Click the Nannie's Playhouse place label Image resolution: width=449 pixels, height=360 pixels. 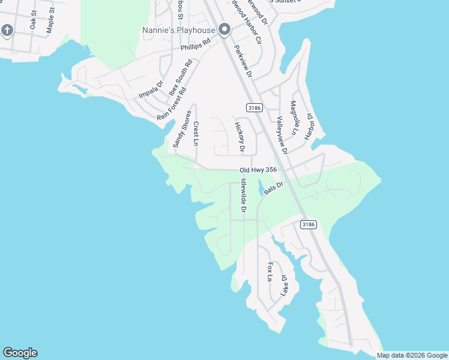point(179,30)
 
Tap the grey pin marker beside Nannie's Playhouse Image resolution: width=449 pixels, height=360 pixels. point(225,29)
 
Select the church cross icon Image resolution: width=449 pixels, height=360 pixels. point(7,29)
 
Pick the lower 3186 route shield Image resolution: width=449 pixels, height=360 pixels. point(307,224)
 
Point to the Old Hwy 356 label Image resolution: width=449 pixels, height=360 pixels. point(258,170)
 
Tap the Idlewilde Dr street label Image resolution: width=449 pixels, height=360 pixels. point(244,196)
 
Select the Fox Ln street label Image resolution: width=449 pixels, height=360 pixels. point(270,272)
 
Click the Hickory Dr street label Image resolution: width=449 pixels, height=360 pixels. point(240,137)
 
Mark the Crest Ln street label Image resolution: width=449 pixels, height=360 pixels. point(196,133)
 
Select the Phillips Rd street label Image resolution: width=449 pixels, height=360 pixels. point(195,46)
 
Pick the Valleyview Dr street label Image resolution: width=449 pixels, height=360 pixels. point(282,135)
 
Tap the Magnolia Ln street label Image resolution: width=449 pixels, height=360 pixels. point(294,118)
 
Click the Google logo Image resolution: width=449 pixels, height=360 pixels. point(20,353)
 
